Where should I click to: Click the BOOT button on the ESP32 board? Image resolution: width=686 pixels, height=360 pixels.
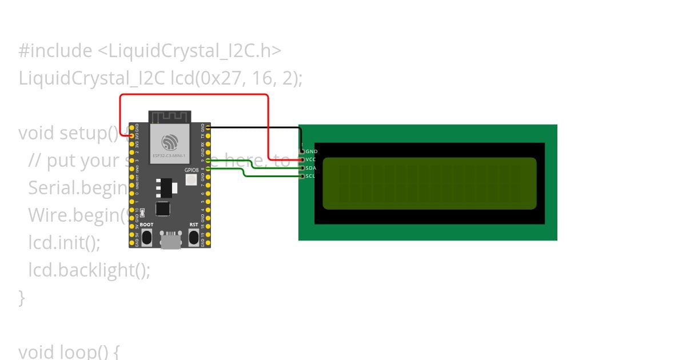[147, 236]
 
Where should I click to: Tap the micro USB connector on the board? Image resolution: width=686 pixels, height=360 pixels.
[170, 240]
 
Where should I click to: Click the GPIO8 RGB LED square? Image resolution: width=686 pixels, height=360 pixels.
[191, 179]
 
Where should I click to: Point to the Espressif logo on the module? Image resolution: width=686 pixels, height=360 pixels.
[170, 141]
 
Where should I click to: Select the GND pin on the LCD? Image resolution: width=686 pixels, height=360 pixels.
[302, 151]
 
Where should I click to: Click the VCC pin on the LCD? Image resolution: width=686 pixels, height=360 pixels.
[302, 159]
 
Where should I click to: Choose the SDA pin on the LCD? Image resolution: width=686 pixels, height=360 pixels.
[302, 168]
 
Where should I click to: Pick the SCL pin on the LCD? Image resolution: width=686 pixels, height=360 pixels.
[302, 176]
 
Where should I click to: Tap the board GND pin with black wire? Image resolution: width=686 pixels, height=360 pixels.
[209, 128]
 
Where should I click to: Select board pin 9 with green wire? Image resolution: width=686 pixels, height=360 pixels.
[209, 161]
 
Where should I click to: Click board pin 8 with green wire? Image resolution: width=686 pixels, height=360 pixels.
[209, 169]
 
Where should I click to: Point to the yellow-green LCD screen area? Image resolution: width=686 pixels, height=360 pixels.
[429, 183]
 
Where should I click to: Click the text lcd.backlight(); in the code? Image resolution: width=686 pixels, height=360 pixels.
[89, 270]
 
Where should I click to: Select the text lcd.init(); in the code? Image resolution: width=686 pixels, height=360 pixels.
[64, 242]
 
